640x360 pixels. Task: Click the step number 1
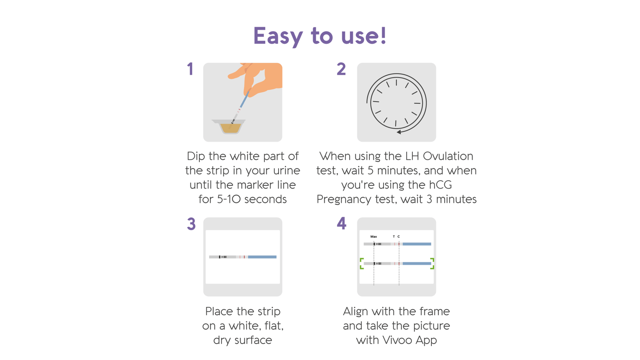click(190, 69)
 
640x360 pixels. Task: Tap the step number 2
click(341, 69)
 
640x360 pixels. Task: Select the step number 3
click(191, 224)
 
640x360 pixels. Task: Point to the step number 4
click(341, 224)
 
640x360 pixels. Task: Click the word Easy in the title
click(277, 36)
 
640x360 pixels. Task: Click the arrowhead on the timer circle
click(399, 132)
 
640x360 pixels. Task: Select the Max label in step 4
click(373, 236)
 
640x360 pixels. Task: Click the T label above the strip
click(394, 236)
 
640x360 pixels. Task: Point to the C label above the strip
click(399, 236)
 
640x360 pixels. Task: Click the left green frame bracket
click(361, 263)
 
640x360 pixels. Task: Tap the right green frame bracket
click(432, 263)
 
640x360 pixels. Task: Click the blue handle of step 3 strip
click(262, 257)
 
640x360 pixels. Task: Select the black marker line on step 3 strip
click(219, 257)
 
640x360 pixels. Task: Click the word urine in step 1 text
click(284, 170)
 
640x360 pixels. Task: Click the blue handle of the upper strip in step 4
click(417, 244)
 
